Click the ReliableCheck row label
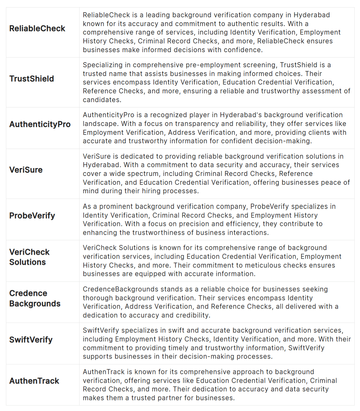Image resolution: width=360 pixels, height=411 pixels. [x=37, y=29]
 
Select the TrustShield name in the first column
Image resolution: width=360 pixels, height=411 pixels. [x=31, y=79]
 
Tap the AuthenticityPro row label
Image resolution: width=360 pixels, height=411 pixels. [x=40, y=124]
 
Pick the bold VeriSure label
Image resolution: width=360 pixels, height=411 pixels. [x=26, y=170]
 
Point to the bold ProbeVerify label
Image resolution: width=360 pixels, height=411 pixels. [x=32, y=216]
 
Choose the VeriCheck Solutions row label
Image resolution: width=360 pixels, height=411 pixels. [x=29, y=257]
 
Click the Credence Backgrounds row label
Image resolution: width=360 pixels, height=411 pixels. [x=35, y=298]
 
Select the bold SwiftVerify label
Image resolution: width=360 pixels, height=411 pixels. [x=31, y=340]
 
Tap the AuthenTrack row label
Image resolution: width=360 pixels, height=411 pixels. [x=34, y=381]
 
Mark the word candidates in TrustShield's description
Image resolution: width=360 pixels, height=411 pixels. [x=98, y=100]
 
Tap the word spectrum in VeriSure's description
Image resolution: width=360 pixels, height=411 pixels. [x=143, y=174]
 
